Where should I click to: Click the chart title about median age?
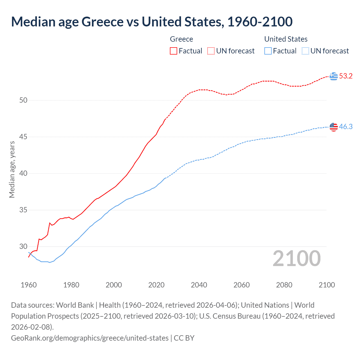click(152, 22)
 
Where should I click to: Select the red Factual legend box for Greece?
click(174, 51)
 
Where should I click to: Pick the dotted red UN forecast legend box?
click(211, 51)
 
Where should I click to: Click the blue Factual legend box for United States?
click(268, 51)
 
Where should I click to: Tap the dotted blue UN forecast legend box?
click(305, 51)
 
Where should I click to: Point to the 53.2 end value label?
click(346, 76)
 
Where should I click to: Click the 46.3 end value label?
click(346, 127)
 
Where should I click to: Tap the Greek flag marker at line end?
click(334, 76)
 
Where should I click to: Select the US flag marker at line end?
click(334, 127)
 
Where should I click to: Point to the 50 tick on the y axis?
click(23, 100)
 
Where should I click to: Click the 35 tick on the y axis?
click(23, 210)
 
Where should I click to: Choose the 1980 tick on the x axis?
click(71, 285)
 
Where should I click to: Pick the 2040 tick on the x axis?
click(199, 285)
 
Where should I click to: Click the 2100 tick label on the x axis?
click(327, 285)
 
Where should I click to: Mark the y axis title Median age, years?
click(12, 170)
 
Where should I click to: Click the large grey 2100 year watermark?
click(296, 258)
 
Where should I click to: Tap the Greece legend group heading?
click(181, 39)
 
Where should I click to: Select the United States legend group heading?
click(286, 39)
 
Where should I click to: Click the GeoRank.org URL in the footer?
click(90, 338)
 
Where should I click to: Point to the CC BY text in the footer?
click(184, 338)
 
